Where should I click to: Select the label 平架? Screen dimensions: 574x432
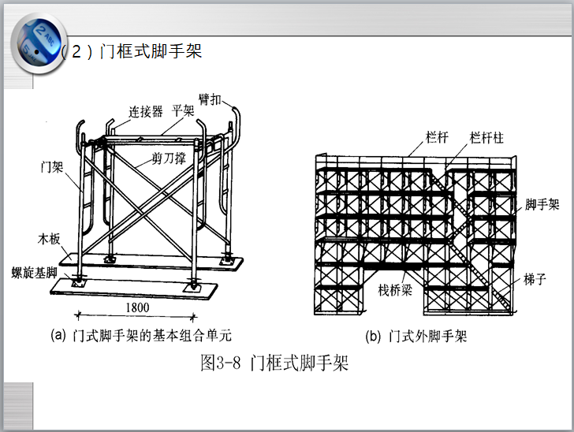pos(183,110)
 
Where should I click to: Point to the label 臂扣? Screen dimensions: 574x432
pos(211,100)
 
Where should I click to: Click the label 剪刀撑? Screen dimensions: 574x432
pos(170,158)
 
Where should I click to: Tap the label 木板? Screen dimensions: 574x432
pos(49,237)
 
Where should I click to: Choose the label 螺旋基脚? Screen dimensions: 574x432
pos(35,271)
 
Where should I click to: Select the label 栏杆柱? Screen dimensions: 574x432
pos(486,138)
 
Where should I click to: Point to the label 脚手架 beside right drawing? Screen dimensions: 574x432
pos(542,205)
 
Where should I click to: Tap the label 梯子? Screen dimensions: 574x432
pos(535,280)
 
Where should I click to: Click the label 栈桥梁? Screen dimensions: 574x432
pos(395,290)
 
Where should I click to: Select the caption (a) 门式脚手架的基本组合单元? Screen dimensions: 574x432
pos(141,335)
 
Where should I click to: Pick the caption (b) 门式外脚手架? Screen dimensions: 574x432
pos(416,336)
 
